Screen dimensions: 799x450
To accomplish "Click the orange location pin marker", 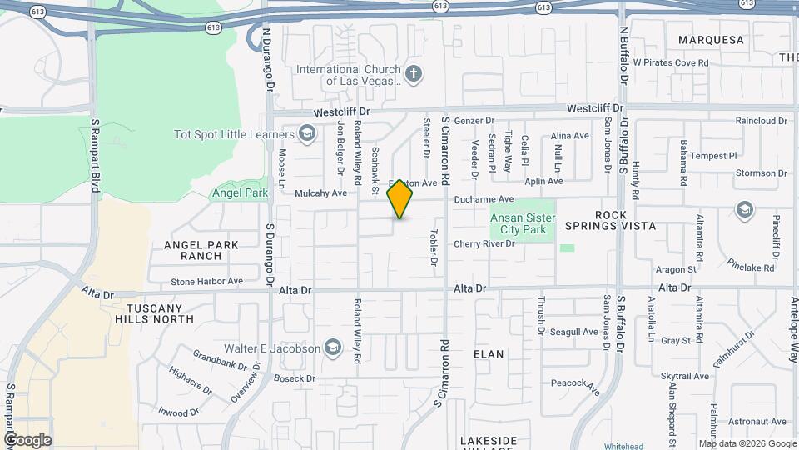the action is pos(400,198).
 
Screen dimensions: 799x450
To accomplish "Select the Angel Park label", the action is pos(240,192).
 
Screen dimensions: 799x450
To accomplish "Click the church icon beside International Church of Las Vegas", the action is pos(414,75).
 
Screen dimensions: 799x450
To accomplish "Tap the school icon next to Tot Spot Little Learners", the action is pos(307,134).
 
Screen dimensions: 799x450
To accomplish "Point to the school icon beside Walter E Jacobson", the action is pos(333,347).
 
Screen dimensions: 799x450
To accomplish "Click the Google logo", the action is pos(27,439).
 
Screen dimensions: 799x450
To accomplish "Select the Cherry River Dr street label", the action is pos(484,244).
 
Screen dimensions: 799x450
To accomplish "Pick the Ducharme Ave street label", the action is pos(484,200).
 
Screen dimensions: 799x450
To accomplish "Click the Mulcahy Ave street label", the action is pos(320,193).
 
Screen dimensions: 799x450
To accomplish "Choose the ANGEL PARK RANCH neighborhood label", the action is pos(201,250).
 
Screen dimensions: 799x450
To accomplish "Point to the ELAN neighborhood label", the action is pos(489,354).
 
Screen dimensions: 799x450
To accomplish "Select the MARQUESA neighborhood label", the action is pos(711,40).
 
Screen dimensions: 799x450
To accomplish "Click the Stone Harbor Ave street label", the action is pos(207,282).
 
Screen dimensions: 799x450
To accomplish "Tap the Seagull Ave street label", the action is pos(574,332).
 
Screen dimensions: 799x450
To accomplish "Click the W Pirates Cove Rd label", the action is pos(670,62).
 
